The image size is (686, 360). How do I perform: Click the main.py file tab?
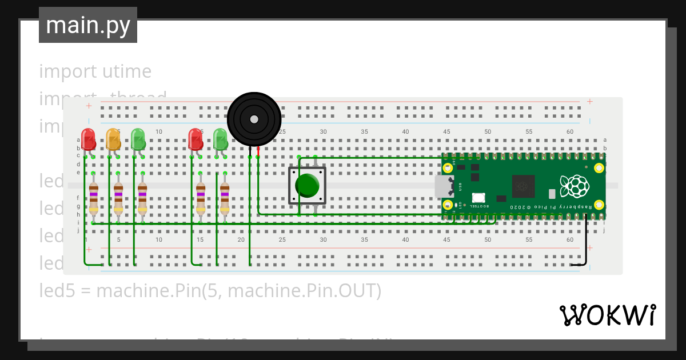(88, 25)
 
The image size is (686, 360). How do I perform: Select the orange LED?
(113, 139)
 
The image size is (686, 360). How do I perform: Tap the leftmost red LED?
(88, 139)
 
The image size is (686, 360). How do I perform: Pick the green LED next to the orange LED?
(138, 139)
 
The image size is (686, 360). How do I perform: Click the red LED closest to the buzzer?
(196, 139)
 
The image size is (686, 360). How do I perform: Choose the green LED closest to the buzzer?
(220, 139)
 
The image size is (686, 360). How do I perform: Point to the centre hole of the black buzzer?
(253, 119)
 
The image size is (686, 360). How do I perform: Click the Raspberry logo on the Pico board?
(575, 185)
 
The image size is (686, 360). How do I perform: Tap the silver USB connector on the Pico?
(443, 186)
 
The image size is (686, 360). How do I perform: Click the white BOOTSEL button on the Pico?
(478, 197)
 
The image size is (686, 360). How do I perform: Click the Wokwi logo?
(607, 315)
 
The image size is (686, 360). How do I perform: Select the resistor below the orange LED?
(118, 197)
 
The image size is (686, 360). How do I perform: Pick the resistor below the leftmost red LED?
(94, 197)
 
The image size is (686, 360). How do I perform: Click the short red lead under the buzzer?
(258, 151)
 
